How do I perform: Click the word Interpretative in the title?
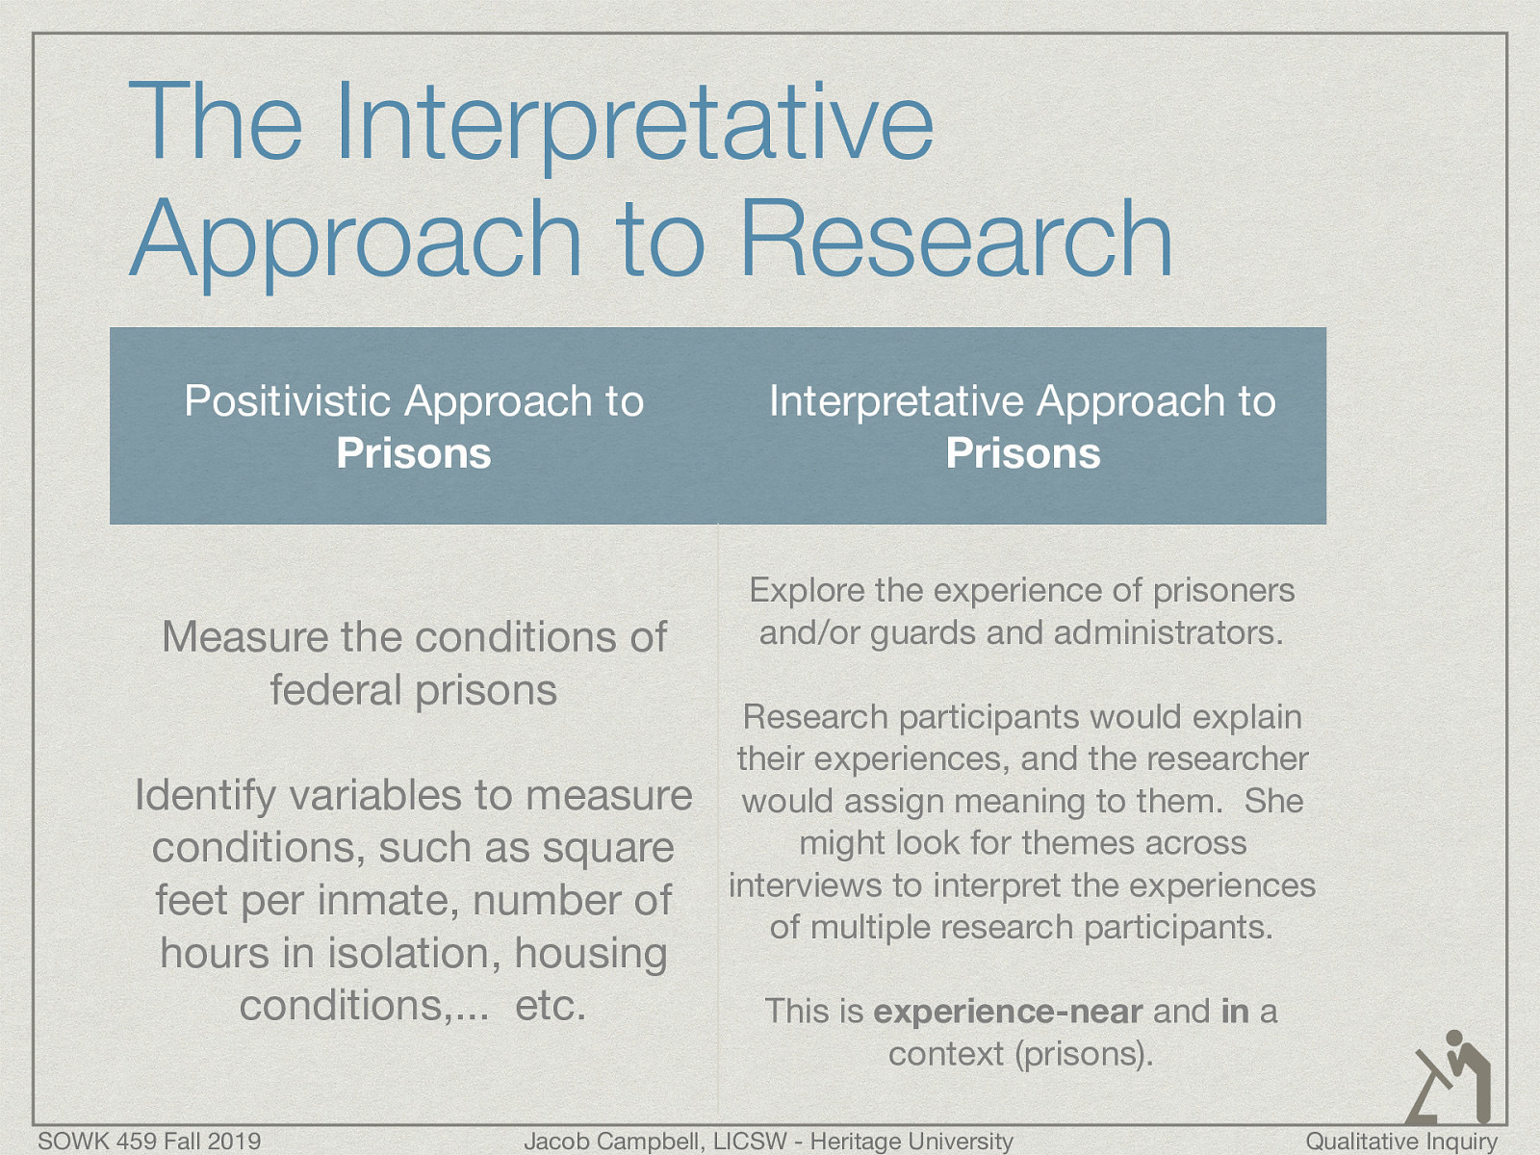[x=633, y=123]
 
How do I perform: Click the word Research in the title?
[x=955, y=239]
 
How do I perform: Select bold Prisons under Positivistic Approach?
[x=414, y=453]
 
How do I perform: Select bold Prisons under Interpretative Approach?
[x=1022, y=453]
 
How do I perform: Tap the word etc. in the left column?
[x=551, y=1006]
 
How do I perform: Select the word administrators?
[x=1168, y=633]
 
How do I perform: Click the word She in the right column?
[x=1273, y=801]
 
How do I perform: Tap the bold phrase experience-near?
[x=1007, y=1012]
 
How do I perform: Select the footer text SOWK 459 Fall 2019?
[x=149, y=1142]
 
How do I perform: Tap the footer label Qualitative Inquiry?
[x=1400, y=1142]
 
